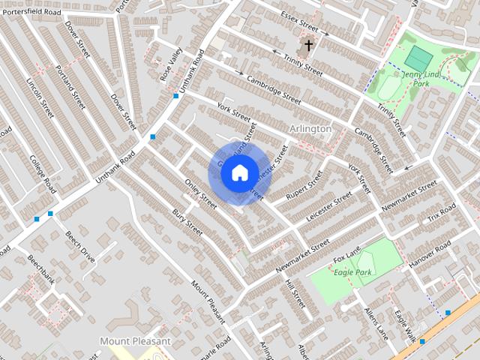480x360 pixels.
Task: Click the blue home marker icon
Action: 238,173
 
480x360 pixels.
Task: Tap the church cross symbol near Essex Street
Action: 307,46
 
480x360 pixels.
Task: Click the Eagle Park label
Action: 352,271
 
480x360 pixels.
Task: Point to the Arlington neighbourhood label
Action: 310,129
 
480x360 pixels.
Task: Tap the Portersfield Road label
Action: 32,12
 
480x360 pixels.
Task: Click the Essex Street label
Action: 300,23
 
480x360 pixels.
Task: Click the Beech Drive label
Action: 79,246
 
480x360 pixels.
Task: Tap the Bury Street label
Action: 187,221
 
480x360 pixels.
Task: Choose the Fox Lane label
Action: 346,255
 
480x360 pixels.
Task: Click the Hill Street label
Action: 295,294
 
